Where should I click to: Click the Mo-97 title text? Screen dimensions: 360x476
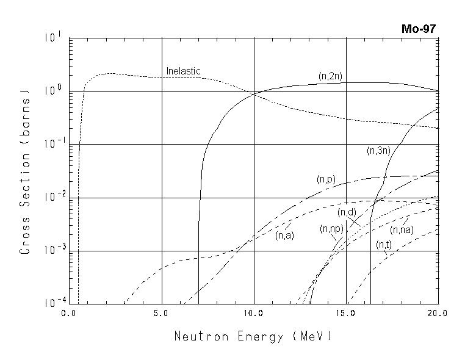[x=419, y=29]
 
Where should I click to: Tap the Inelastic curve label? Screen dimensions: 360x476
[x=183, y=71]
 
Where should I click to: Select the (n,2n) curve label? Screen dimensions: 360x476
[x=331, y=76]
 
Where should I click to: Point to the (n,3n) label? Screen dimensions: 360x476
[x=378, y=150]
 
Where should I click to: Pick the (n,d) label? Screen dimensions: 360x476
[x=347, y=212]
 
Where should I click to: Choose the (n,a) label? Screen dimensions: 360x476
[x=284, y=236]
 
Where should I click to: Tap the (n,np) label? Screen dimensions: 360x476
[x=331, y=229]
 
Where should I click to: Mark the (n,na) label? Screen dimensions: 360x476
[x=402, y=229]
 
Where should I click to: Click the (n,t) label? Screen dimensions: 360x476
[x=384, y=244]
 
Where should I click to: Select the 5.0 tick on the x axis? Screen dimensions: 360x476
[x=161, y=313]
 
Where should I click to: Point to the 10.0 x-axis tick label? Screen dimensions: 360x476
[x=253, y=313]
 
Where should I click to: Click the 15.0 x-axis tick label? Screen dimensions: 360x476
[x=345, y=313]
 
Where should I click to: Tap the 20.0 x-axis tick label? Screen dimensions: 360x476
[x=438, y=313]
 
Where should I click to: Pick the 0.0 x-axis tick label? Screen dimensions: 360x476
[x=69, y=313]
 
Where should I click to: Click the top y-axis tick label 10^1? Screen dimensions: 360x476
[x=52, y=38]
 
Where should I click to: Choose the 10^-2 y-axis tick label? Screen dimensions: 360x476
[x=51, y=197]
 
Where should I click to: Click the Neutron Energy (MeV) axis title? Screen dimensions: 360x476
[x=253, y=336]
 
